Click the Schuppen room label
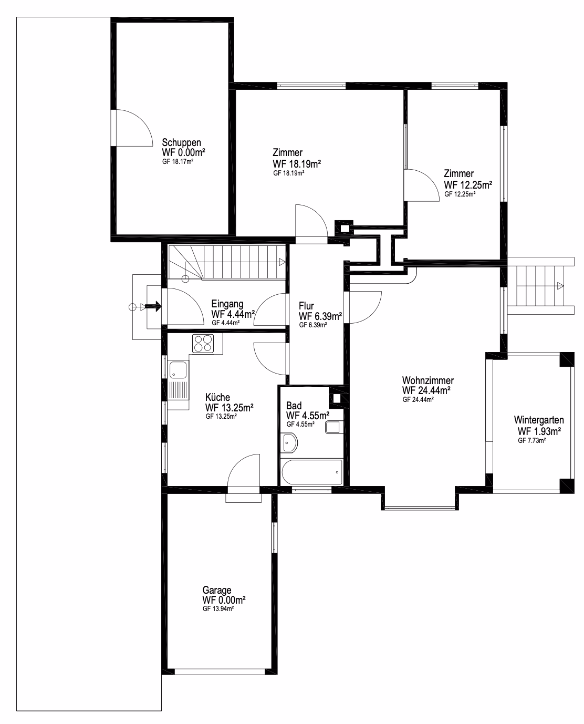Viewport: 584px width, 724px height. tap(181, 143)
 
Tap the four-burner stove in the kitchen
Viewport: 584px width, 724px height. tap(203, 344)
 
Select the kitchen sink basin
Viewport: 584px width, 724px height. tap(178, 369)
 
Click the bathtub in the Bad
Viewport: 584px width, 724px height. tap(312, 472)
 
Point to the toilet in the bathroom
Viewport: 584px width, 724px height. tap(333, 427)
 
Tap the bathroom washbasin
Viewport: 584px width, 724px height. tap(289, 443)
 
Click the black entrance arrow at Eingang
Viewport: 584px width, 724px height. tap(153, 306)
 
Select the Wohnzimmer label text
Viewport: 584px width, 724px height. tap(428, 380)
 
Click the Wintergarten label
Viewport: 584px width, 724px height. tap(539, 420)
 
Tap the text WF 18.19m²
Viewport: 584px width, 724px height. tap(297, 164)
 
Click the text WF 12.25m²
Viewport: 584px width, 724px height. tap(468, 185)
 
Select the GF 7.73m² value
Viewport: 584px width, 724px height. tap(532, 440)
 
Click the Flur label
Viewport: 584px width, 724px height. tap(306, 306)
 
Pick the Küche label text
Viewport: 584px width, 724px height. tap(217, 397)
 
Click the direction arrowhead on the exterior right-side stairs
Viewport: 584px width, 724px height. tap(560, 286)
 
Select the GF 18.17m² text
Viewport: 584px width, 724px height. tap(178, 161)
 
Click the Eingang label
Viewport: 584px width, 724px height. tap(227, 304)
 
